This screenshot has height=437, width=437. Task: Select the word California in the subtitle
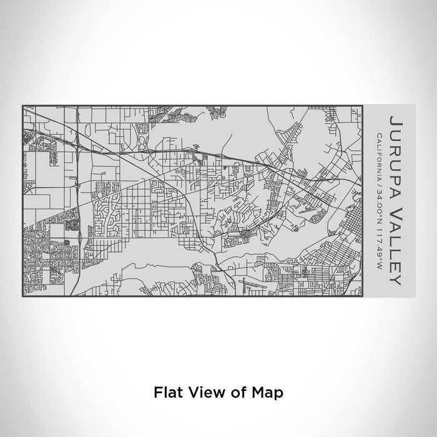point(378,155)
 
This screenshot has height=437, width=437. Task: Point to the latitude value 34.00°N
point(378,198)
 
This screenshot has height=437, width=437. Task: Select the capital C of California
point(378,134)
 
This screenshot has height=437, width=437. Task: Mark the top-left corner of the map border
point(22,106)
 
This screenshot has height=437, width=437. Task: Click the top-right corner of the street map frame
point(361,106)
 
